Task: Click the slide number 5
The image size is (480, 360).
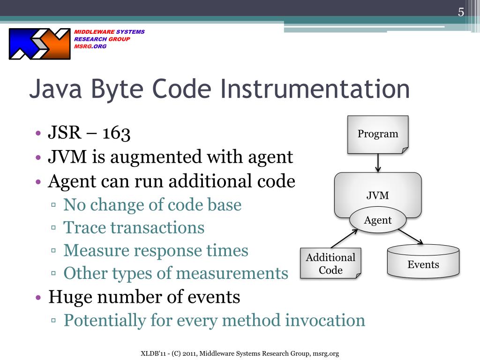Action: [x=461, y=12]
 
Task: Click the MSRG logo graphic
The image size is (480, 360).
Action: [x=39, y=44]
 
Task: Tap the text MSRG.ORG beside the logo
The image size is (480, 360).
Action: [x=90, y=46]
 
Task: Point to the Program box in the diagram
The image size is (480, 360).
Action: [x=378, y=134]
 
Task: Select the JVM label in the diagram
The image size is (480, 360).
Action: [x=378, y=195]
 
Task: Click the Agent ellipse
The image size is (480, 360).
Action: [x=378, y=220]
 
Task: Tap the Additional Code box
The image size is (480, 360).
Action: [x=330, y=263]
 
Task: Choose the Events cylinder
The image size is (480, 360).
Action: [x=423, y=264]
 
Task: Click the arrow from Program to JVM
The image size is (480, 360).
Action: [x=378, y=163]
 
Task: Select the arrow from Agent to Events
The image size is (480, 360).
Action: [x=411, y=237]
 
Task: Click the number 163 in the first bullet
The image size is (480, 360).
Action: [x=116, y=134]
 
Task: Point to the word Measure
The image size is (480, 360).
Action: [x=96, y=250]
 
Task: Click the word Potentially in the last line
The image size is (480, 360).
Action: [x=105, y=321]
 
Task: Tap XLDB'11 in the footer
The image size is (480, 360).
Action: [x=154, y=353]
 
